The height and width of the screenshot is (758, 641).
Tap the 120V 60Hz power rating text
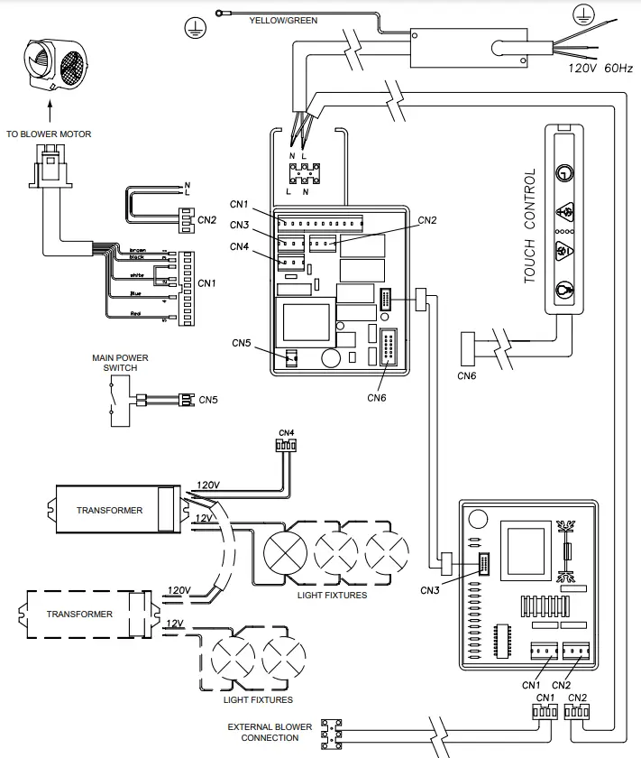(600, 68)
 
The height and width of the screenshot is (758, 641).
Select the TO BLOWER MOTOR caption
(49, 134)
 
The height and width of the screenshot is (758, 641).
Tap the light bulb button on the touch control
(563, 290)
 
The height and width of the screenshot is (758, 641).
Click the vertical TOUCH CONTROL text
(530, 226)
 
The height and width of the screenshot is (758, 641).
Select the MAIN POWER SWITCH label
(120, 363)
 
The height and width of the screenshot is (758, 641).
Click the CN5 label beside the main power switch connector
(208, 399)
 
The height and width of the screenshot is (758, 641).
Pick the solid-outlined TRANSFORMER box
(110, 510)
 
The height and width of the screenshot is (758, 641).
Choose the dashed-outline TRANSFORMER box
(82, 614)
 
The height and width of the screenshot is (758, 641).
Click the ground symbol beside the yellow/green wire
(191, 29)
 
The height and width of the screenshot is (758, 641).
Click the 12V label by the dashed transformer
(175, 624)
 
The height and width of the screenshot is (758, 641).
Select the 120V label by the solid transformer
(207, 485)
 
